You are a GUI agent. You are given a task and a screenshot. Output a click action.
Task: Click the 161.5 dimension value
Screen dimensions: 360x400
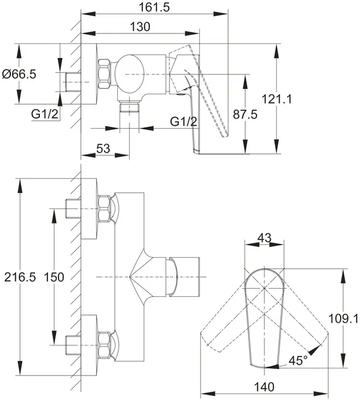(x=154, y=7)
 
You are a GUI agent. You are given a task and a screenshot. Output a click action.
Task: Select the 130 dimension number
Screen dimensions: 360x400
(x=140, y=26)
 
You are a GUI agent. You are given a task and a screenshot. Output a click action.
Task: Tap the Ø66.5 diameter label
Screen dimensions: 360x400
(x=19, y=74)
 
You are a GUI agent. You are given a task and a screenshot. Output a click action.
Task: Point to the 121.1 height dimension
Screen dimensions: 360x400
(x=277, y=99)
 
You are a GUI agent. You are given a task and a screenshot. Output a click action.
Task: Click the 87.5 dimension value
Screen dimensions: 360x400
(x=245, y=114)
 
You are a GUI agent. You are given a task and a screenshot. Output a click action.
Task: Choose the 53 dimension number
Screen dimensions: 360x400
(x=103, y=148)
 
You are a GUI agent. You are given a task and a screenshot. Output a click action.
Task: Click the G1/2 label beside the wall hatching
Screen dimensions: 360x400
(x=45, y=114)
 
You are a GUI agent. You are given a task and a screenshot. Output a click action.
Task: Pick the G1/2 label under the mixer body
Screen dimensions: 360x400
(x=184, y=121)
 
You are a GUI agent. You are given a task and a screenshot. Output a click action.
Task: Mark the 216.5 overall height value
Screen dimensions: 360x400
(x=20, y=277)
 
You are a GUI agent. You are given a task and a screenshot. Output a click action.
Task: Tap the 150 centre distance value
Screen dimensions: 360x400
(x=54, y=277)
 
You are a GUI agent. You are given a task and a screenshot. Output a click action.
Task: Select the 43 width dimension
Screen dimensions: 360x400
(x=264, y=238)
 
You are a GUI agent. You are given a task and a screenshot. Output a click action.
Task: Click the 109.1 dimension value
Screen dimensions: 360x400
(x=344, y=319)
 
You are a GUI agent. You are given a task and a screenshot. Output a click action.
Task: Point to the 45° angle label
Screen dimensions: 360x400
(x=298, y=361)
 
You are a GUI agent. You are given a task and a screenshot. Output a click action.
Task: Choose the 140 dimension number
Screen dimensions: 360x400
(x=264, y=387)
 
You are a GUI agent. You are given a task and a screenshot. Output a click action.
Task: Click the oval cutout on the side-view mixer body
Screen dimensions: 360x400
(x=128, y=74)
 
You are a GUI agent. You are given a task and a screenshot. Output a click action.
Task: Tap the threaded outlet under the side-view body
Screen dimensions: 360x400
(x=130, y=107)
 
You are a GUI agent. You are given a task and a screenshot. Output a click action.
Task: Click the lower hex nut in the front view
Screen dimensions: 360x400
(x=104, y=345)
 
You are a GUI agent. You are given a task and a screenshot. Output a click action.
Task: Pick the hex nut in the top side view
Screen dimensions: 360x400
(x=104, y=74)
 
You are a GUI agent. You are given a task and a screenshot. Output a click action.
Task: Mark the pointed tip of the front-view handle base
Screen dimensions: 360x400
(x=130, y=277)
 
